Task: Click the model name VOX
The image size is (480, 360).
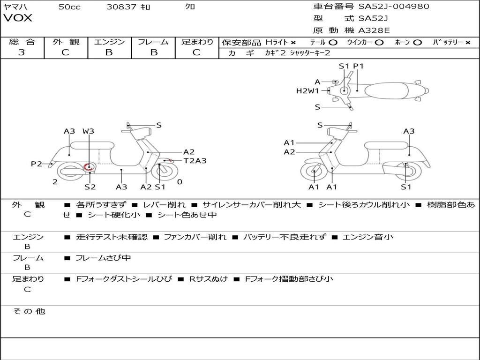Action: tap(18, 18)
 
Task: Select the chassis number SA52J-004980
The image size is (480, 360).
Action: tap(394, 7)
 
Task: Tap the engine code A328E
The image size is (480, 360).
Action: tap(374, 30)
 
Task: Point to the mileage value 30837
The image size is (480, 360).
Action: tap(121, 7)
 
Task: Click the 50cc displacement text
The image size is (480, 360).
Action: tap(69, 7)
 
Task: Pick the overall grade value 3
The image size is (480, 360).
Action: tap(22, 52)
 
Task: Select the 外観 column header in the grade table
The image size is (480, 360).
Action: tap(66, 42)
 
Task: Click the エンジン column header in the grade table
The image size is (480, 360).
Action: tap(109, 42)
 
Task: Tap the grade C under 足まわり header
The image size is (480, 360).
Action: tap(196, 52)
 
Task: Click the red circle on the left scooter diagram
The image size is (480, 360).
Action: tap(89, 167)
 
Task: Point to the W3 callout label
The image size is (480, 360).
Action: tap(88, 131)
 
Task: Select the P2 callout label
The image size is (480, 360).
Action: tap(37, 164)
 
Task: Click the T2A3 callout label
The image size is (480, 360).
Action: tap(195, 161)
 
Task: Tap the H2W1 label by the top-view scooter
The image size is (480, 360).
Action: tap(307, 91)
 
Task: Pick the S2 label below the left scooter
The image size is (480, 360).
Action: tap(90, 187)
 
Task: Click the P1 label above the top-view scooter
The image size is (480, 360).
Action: tap(358, 66)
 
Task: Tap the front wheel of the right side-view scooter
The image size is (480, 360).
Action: tap(314, 172)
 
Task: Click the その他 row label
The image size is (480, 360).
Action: tap(29, 311)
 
